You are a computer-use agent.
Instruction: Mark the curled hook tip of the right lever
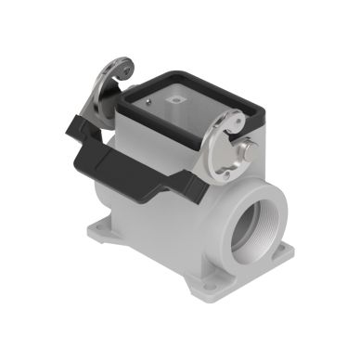pyautogui.click(x=238, y=118)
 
